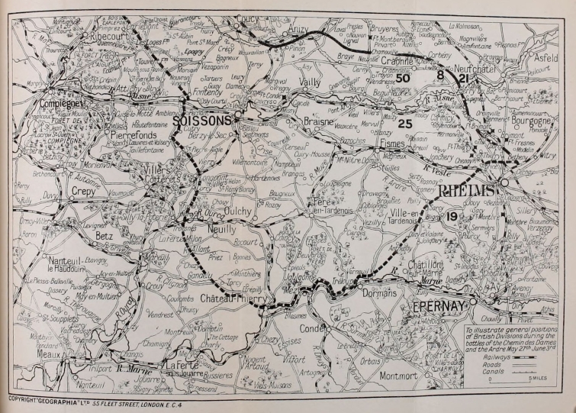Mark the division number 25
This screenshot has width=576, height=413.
pyautogui.click(x=405, y=124)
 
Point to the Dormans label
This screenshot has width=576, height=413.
pyautogui.click(x=378, y=292)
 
